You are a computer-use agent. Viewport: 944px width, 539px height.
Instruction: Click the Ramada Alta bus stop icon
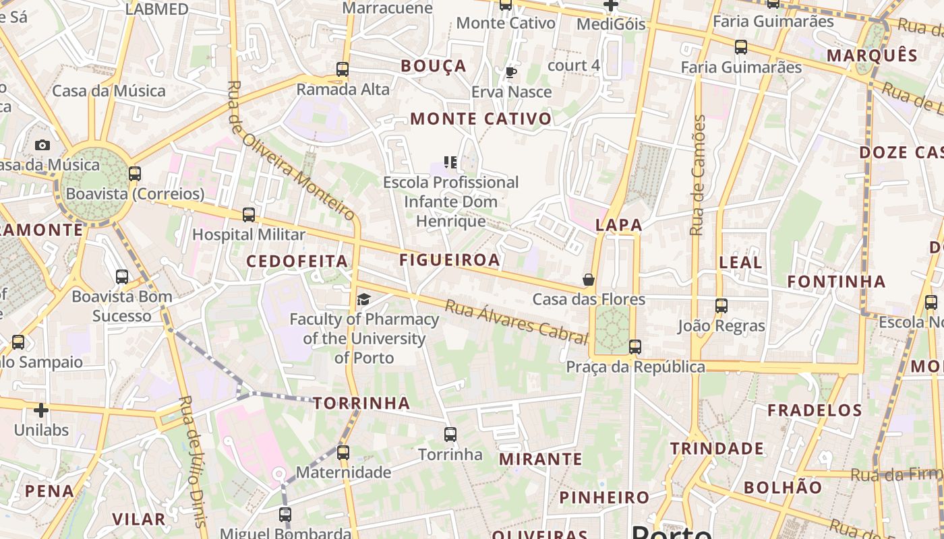[x=343, y=69]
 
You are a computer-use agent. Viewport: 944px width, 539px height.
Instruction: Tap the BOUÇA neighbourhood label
[x=434, y=66]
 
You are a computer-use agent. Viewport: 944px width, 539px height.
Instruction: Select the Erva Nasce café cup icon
[x=511, y=72]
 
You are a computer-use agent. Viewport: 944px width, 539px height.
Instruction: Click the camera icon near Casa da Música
[x=42, y=145]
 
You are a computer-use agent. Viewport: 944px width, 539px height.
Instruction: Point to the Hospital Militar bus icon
[x=249, y=215]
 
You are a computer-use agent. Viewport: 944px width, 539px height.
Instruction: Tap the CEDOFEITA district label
[x=297, y=261]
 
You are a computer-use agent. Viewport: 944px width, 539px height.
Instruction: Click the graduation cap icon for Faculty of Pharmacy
[x=363, y=299]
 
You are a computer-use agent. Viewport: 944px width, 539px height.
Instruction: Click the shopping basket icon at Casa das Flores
[x=589, y=279]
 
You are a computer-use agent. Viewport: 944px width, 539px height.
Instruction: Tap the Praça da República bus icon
[x=635, y=347]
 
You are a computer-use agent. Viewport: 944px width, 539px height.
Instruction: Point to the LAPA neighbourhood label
[x=618, y=226]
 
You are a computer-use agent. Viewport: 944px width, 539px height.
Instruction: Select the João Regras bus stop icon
[x=721, y=306]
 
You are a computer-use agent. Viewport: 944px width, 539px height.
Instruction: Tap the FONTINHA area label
[x=836, y=282]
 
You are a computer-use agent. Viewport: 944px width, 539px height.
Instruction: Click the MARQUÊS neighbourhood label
[x=872, y=55]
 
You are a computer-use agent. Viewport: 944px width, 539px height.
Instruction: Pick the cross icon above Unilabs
[x=41, y=410]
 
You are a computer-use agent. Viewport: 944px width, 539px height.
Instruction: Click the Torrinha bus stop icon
[x=450, y=435]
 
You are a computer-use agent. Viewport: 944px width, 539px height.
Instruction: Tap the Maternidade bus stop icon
[x=343, y=452]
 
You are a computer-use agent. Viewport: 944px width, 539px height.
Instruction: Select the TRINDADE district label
[x=717, y=449]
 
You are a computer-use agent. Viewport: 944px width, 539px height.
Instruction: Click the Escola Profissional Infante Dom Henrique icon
[x=450, y=162]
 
